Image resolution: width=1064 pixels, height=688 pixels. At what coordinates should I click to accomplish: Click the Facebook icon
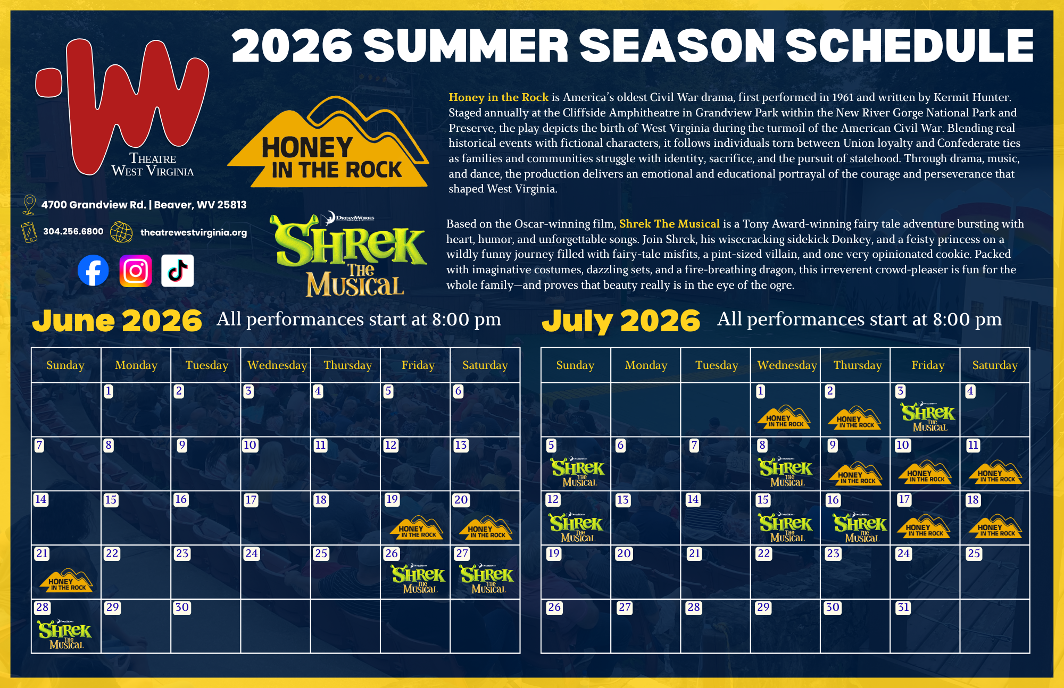pyautogui.click(x=93, y=271)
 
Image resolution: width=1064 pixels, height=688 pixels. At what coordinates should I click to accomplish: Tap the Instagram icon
pyautogui.click(x=136, y=271)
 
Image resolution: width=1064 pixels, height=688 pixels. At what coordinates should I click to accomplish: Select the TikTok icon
pyautogui.click(x=178, y=271)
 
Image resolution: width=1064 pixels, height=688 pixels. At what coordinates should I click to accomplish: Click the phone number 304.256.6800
pyautogui.click(x=73, y=232)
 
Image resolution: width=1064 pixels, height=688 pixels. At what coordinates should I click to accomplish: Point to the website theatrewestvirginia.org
pyautogui.click(x=193, y=232)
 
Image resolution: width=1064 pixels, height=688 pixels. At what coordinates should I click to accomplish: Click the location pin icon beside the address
pyautogui.click(x=29, y=205)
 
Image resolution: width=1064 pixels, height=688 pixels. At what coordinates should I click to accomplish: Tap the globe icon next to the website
pyautogui.click(x=121, y=232)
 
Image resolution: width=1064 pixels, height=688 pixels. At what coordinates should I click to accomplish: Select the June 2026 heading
pyautogui.click(x=117, y=321)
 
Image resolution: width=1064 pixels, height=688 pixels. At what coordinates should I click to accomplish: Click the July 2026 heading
pyautogui.click(x=621, y=321)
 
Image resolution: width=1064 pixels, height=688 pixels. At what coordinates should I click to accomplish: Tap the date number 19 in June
pyautogui.click(x=392, y=499)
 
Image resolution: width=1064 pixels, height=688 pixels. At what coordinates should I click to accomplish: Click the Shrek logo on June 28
pyautogui.click(x=65, y=634)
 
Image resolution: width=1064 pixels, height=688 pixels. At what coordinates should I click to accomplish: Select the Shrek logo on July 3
pyautogui.click(x=928, y=417)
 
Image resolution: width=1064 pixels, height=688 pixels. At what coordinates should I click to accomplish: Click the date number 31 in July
pyautogui.click(x=903, y=608)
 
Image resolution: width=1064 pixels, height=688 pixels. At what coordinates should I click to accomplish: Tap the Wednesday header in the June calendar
pyautogui.click(x=277, y=365)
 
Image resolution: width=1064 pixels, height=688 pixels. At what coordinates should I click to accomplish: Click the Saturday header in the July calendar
pyautogui.click(x=994, y=365)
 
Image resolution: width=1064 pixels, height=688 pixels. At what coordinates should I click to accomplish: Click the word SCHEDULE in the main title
pyautogui.click(x=909, y=46)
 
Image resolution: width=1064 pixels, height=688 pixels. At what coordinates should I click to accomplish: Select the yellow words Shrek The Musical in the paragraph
pyautogui.click(x=669, y=224)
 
